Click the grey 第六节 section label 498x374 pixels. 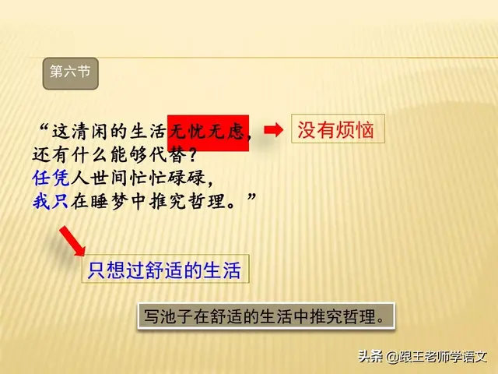point(69,72)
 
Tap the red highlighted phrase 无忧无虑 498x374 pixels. point(208,130)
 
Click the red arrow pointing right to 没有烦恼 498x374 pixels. point(273,129)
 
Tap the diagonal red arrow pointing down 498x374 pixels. point(72,241)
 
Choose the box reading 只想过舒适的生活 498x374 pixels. point(165,270)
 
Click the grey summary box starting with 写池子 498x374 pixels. point(264,317)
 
